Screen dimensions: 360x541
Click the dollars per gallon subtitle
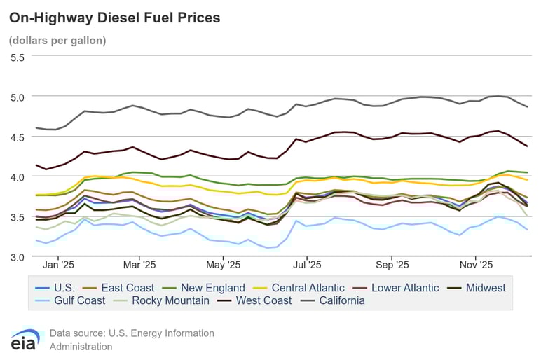click(x=57, y=41)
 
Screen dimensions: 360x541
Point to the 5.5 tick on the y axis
click(x=16, y=57)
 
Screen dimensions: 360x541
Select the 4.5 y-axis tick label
click(x=16, y=137)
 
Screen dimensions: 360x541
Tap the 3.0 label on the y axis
click(x=16, y=257)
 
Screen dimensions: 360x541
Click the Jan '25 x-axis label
click(x=58, y=265)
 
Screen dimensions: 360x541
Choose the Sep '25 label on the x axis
click(x=392, y=265)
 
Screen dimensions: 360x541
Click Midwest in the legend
click(x=481, y=288)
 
